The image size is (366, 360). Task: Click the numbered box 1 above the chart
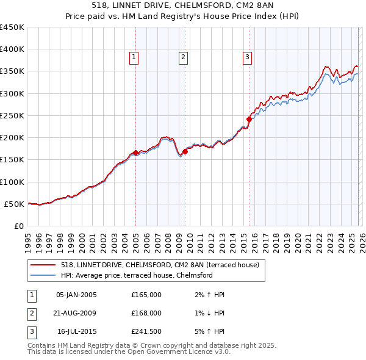(x=134, y=57)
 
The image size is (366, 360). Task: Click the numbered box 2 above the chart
(x=183, y=57)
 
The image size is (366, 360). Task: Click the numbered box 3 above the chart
(x=247, y=57)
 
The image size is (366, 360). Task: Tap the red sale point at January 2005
(x=135, y=153)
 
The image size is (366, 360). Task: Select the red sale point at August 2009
(x=185, y=152)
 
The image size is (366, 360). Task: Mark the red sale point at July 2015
(x=249, y=120)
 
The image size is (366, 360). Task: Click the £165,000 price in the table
(x=146, y=295)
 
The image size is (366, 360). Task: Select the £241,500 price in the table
(x=146, y=331)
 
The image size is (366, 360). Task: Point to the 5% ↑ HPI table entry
(x=208, y=331)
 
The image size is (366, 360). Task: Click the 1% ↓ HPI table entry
(x=208, y=313)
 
